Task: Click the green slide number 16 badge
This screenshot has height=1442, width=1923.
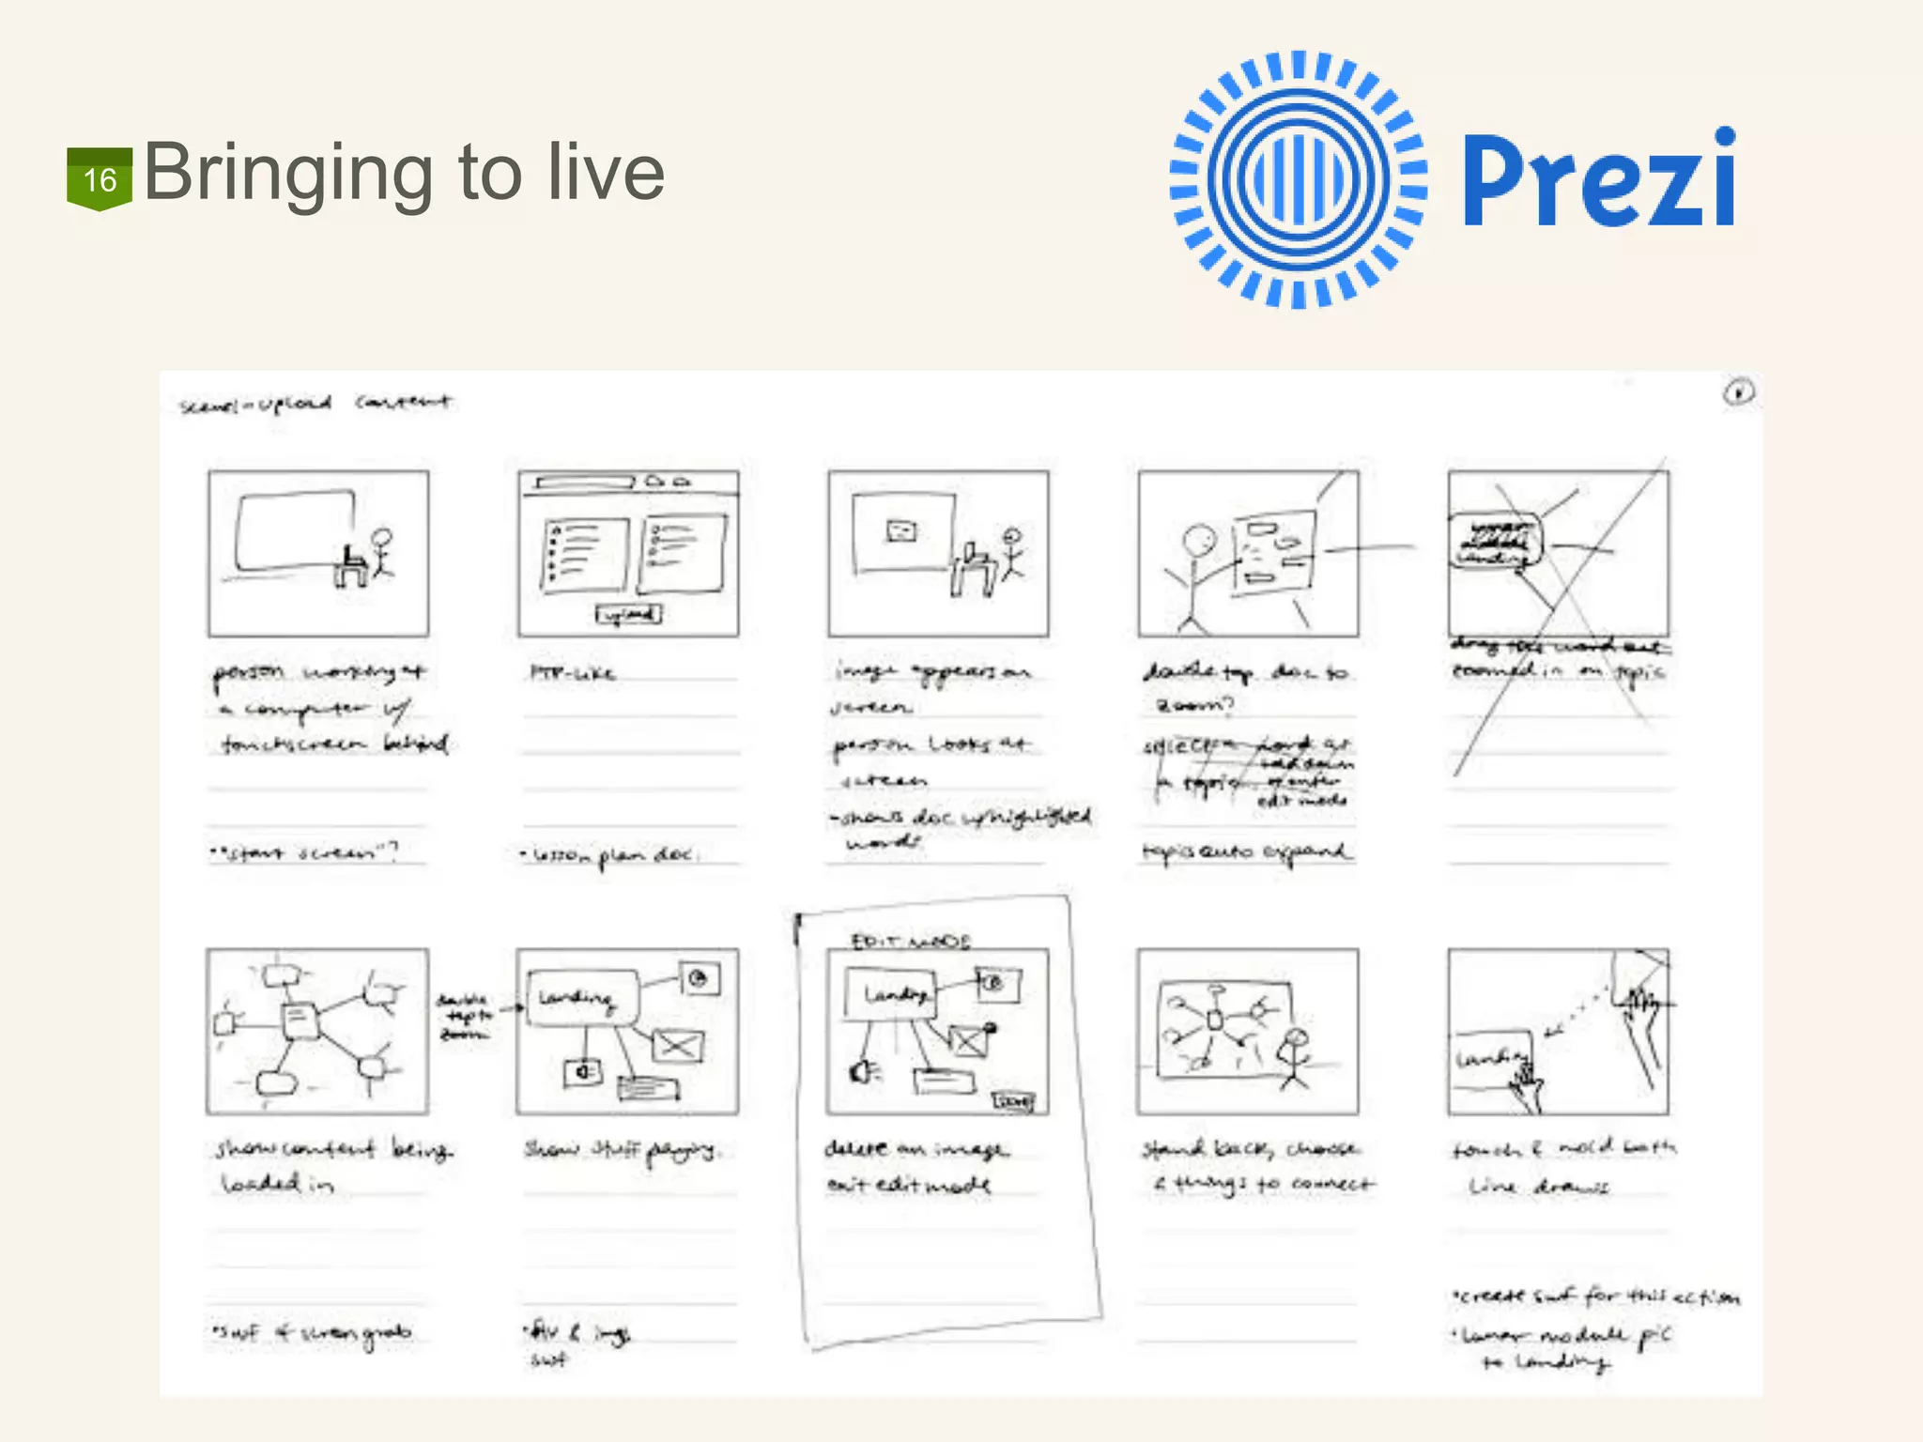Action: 99,178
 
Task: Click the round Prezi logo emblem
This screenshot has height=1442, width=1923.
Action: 1299,179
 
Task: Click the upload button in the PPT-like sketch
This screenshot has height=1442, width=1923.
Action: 628,614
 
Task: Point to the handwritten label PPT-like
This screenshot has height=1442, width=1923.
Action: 573,672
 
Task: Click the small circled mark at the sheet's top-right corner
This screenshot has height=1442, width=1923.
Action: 1738,391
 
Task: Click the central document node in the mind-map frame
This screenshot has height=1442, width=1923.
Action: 300,1020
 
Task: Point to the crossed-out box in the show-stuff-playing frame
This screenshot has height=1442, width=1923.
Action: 677,1045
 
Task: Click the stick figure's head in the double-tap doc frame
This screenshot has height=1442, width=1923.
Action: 1199,541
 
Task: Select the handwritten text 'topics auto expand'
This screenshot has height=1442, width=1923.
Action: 1246,852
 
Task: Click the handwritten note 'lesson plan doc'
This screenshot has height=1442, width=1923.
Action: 610,855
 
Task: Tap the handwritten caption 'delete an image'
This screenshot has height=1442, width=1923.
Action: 915,1148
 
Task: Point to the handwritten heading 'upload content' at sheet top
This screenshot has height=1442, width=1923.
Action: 315,404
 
